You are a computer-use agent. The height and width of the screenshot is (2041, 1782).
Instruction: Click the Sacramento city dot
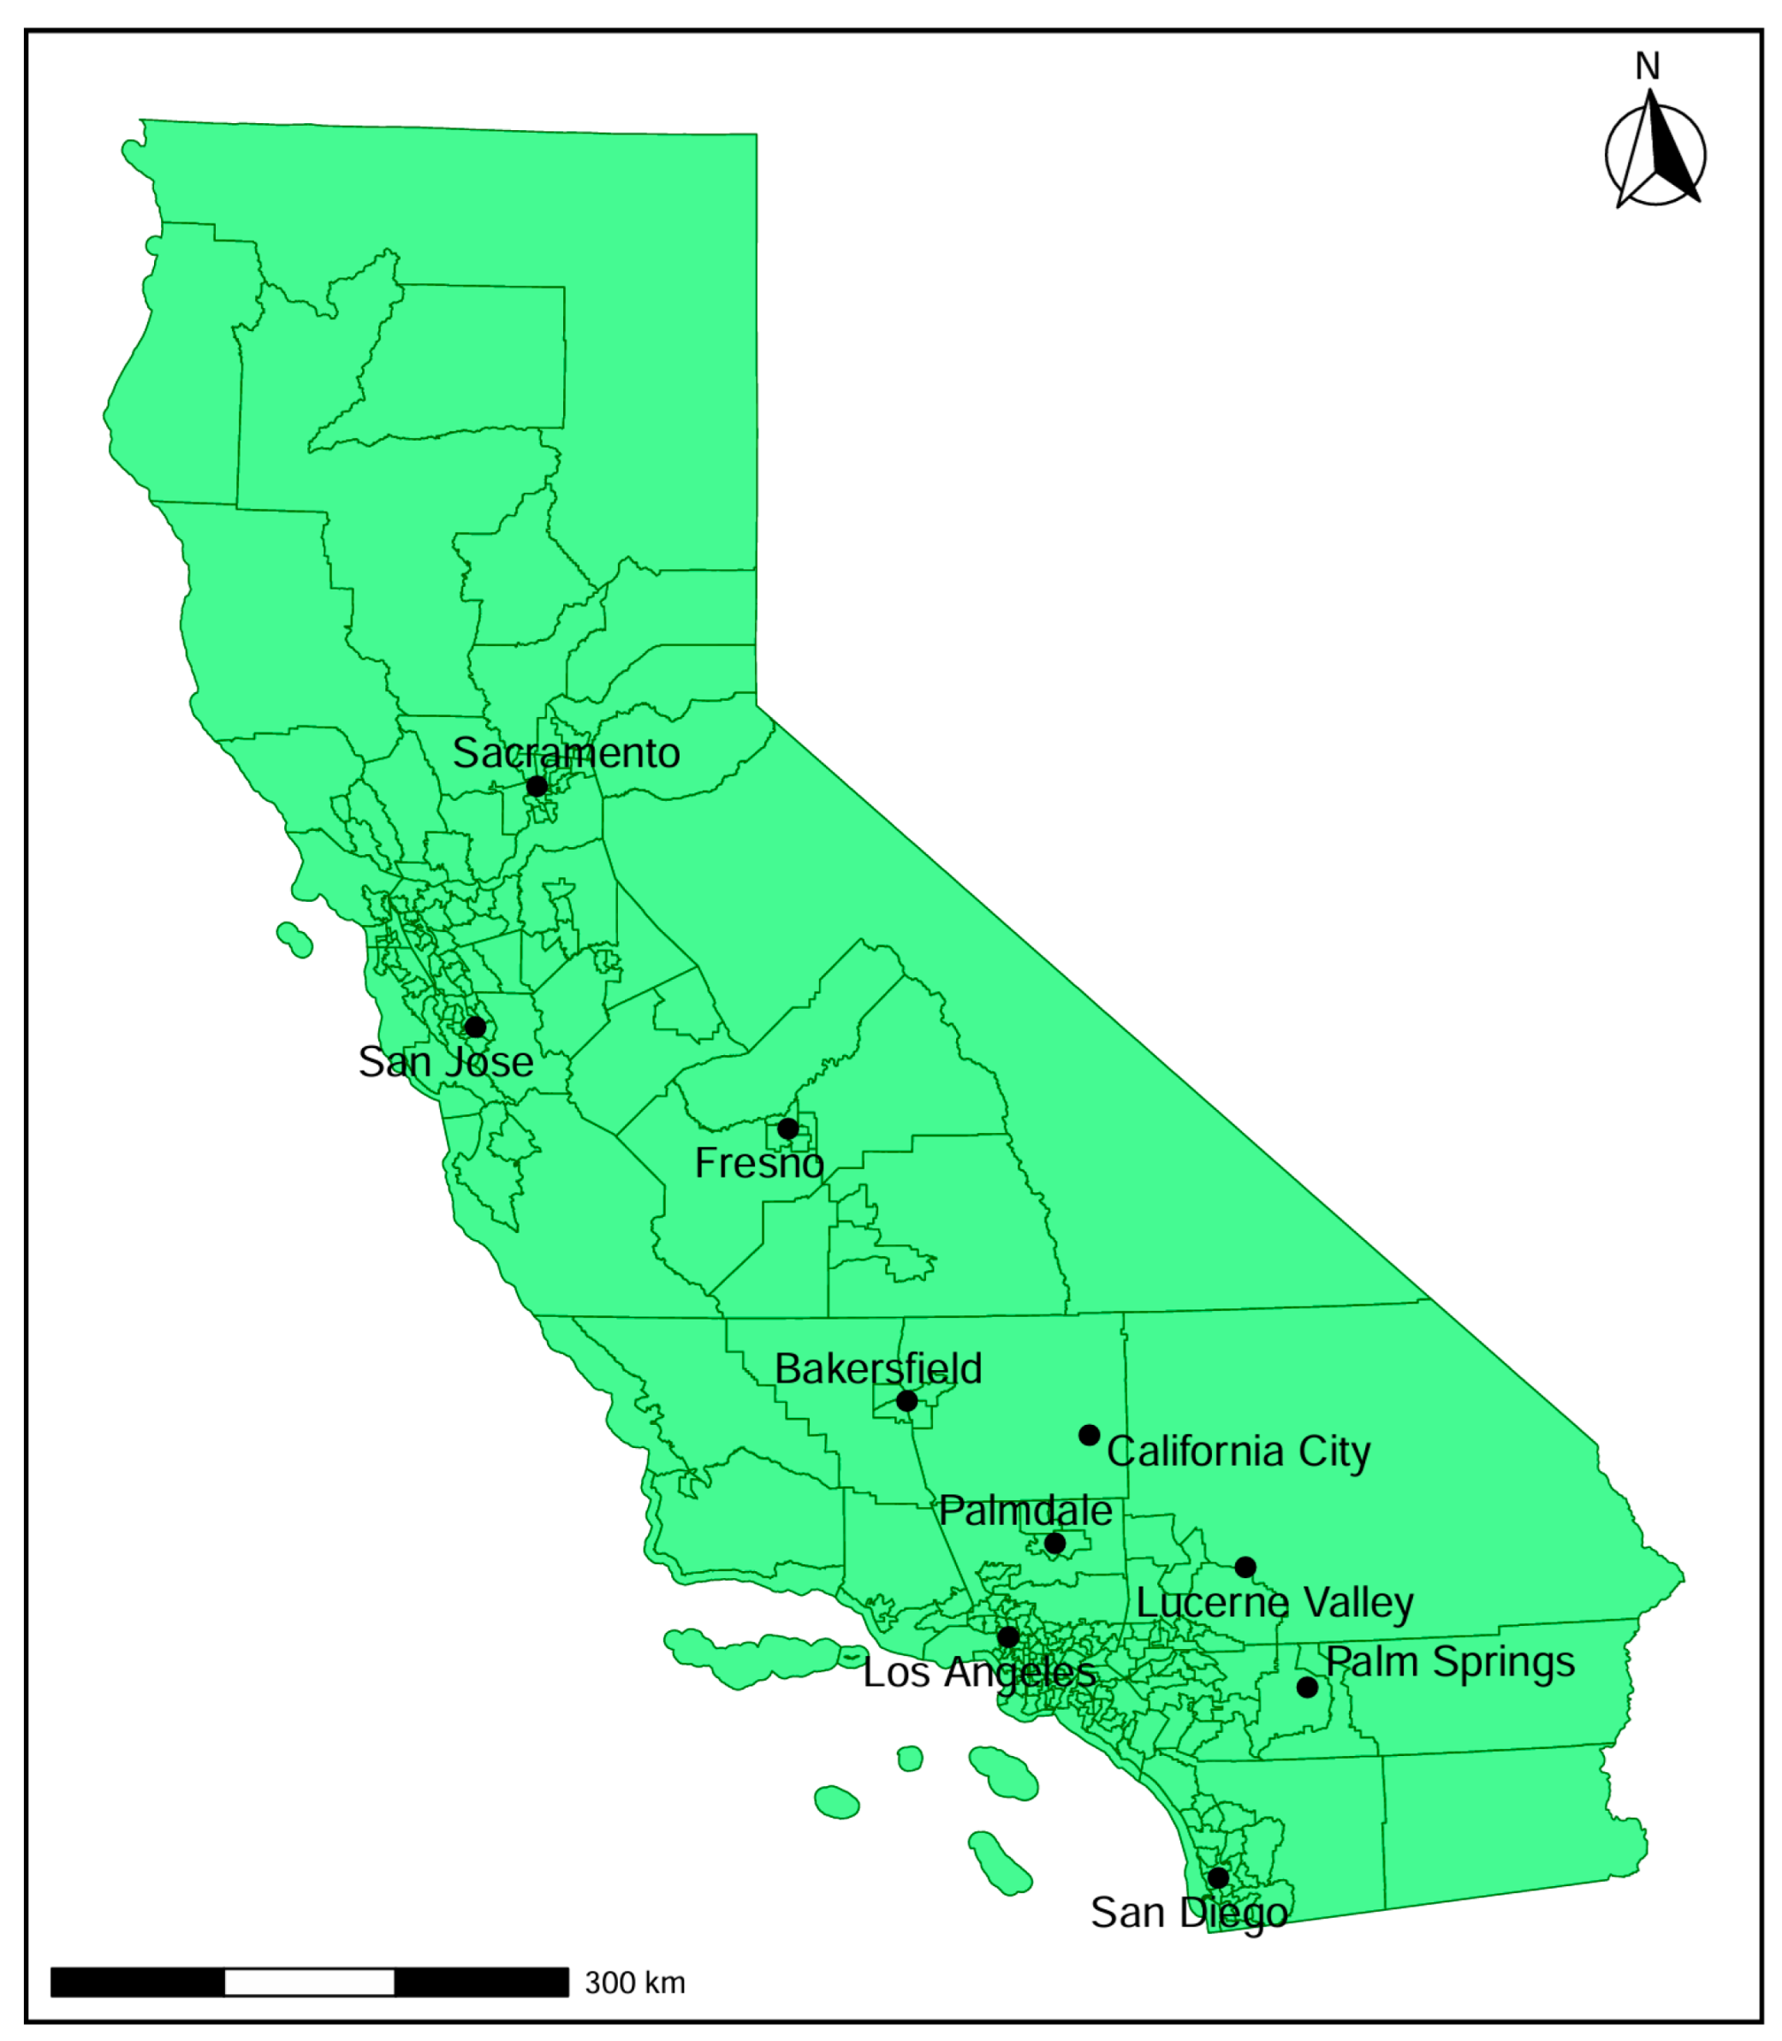coord(536,786)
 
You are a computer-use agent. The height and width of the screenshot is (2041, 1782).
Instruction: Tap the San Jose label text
coord(445,1062)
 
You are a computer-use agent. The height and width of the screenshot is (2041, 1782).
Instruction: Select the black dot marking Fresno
coord(787,1129)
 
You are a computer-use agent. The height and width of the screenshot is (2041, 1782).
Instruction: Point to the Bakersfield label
coord(878,1369)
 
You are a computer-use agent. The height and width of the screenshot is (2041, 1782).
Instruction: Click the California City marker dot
coord(1089,1434)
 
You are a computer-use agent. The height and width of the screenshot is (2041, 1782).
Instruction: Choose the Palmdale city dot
coord(1055,1543)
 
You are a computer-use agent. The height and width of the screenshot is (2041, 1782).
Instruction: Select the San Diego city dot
coord(1218,1878)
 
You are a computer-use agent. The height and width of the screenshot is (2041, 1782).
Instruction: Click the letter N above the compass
coord(1648,67)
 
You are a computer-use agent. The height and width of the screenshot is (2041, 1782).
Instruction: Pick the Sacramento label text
coord(566,752)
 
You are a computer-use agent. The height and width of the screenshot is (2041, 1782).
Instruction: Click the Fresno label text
coord(758,1163)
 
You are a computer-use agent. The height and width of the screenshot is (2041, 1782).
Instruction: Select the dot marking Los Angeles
coord(1008,1637)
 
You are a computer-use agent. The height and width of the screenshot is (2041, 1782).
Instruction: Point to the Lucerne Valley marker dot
coord(1245,1567)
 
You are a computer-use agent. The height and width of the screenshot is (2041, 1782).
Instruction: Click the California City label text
coord(1238,1451)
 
